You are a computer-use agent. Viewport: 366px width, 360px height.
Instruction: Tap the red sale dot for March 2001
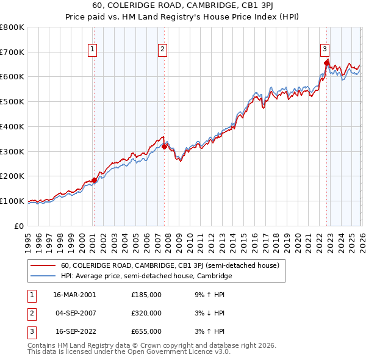coord(95,180)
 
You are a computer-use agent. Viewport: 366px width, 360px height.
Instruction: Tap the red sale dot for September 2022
coord(326,62)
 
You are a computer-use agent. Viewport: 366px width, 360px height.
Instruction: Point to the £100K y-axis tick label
coord(13,201)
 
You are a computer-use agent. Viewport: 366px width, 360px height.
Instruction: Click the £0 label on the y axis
coord(20,226)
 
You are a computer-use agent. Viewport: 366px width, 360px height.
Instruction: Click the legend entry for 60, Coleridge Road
coord(170,265)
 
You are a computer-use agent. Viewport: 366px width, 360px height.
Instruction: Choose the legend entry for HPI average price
coord(146,276)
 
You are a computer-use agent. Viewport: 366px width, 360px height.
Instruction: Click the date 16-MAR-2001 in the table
coord(74,294)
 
